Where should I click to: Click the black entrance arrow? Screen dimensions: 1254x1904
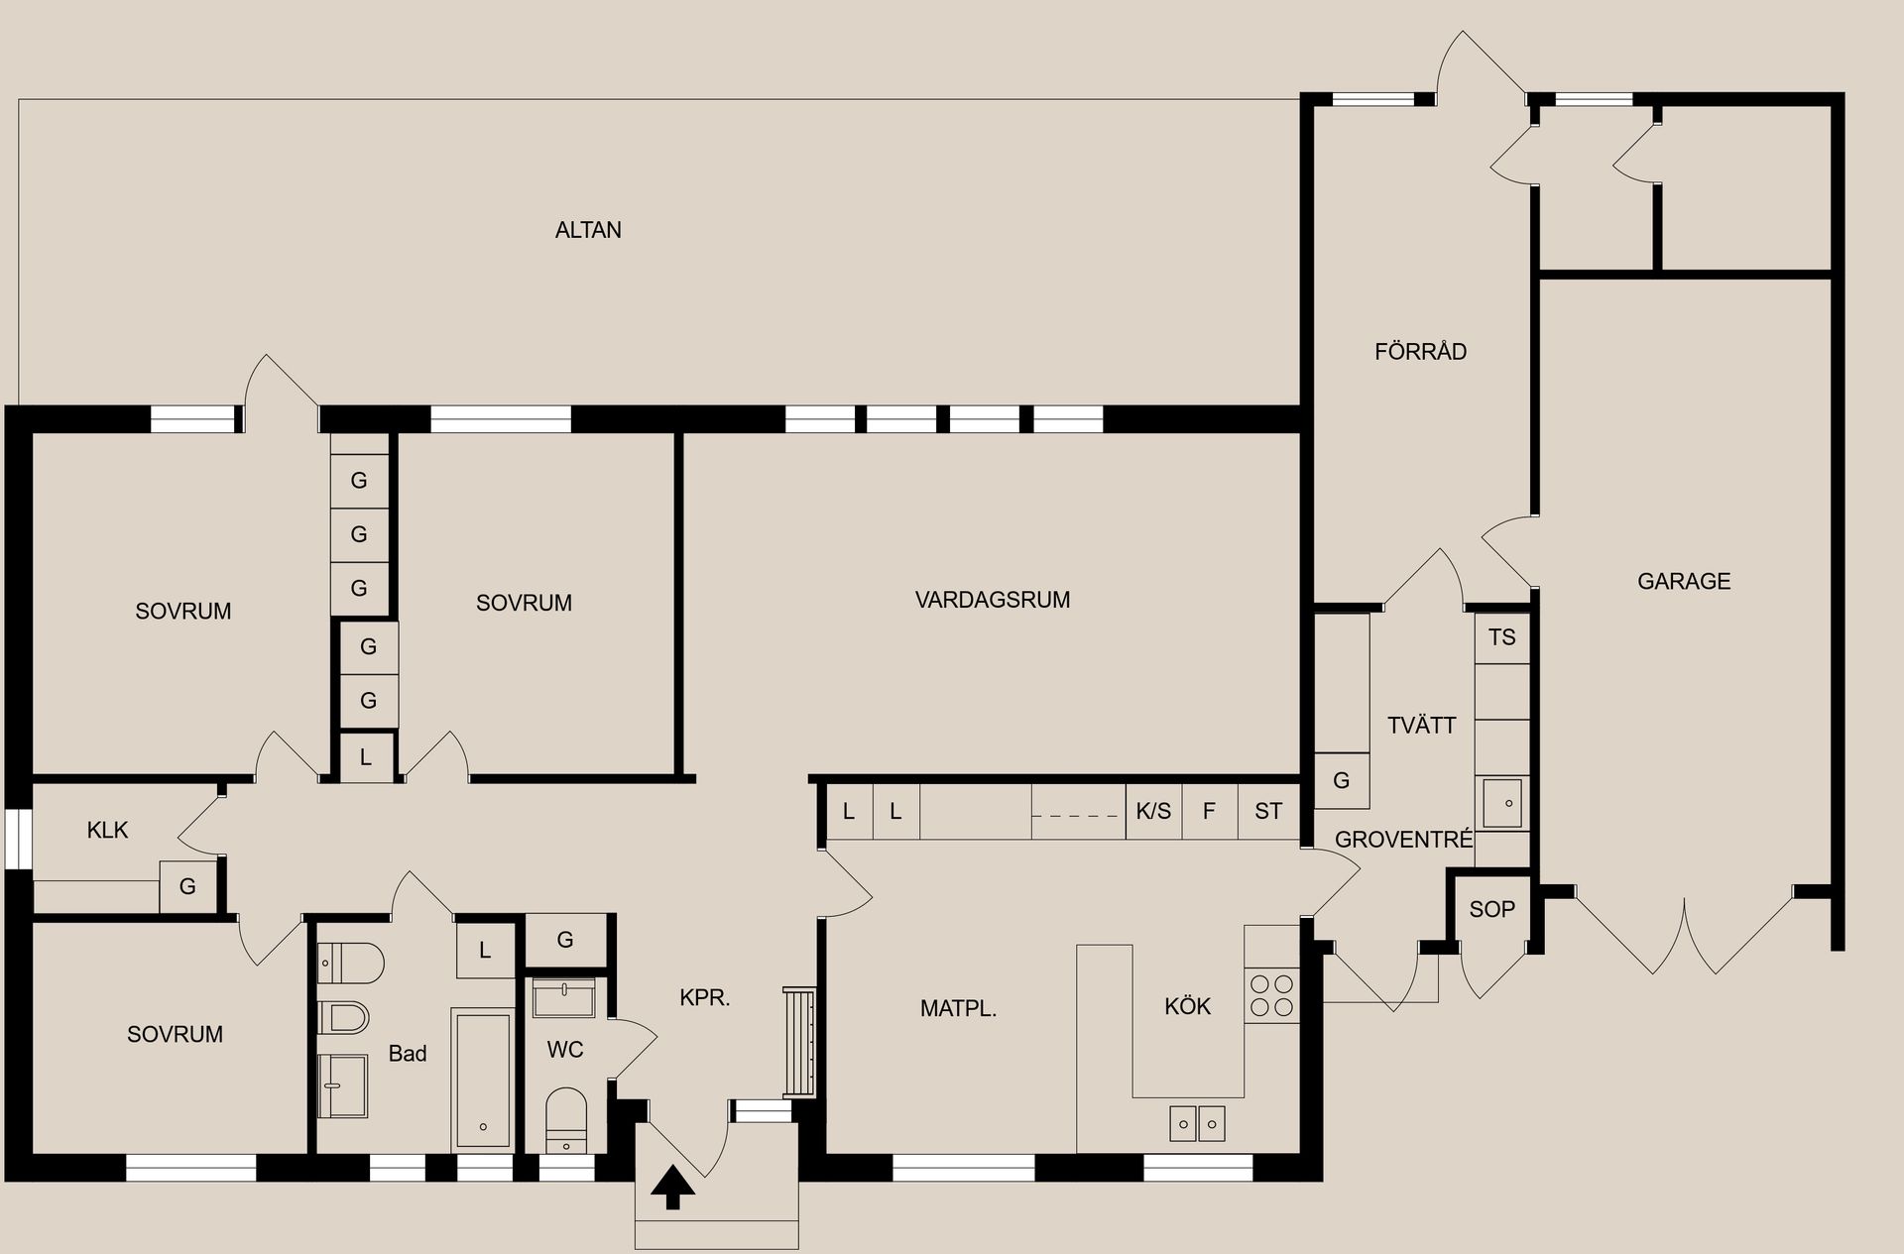pos(673,1187)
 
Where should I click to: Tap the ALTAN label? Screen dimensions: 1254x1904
pos(588,230)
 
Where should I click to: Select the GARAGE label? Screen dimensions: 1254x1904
pos(1683,581)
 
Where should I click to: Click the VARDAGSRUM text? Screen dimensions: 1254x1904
pos(992,600)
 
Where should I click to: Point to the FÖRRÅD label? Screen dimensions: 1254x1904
pos(1420,351)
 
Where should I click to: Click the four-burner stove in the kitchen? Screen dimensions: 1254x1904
pos(1271,995)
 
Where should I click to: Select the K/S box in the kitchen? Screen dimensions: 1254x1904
pos(1153,811)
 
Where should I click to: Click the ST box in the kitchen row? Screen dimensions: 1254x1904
pos(1268,811)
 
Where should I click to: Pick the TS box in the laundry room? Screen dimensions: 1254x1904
pos(1501,637)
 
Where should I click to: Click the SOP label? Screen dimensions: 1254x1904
pos(1491,909)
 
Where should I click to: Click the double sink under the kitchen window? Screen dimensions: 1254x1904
pos(1198,1123)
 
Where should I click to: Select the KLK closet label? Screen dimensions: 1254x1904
pos(107,830)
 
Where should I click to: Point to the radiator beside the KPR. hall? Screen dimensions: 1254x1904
pos(799,1041)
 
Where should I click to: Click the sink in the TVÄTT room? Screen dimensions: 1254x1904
pos(1501,802)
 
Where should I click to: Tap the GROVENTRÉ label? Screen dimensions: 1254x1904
pos(1403,840)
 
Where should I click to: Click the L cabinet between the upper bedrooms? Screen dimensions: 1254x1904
pos(366,757)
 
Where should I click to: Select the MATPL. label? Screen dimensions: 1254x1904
pos(958,1009)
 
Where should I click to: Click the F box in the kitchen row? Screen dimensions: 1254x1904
pos(1209,811)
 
